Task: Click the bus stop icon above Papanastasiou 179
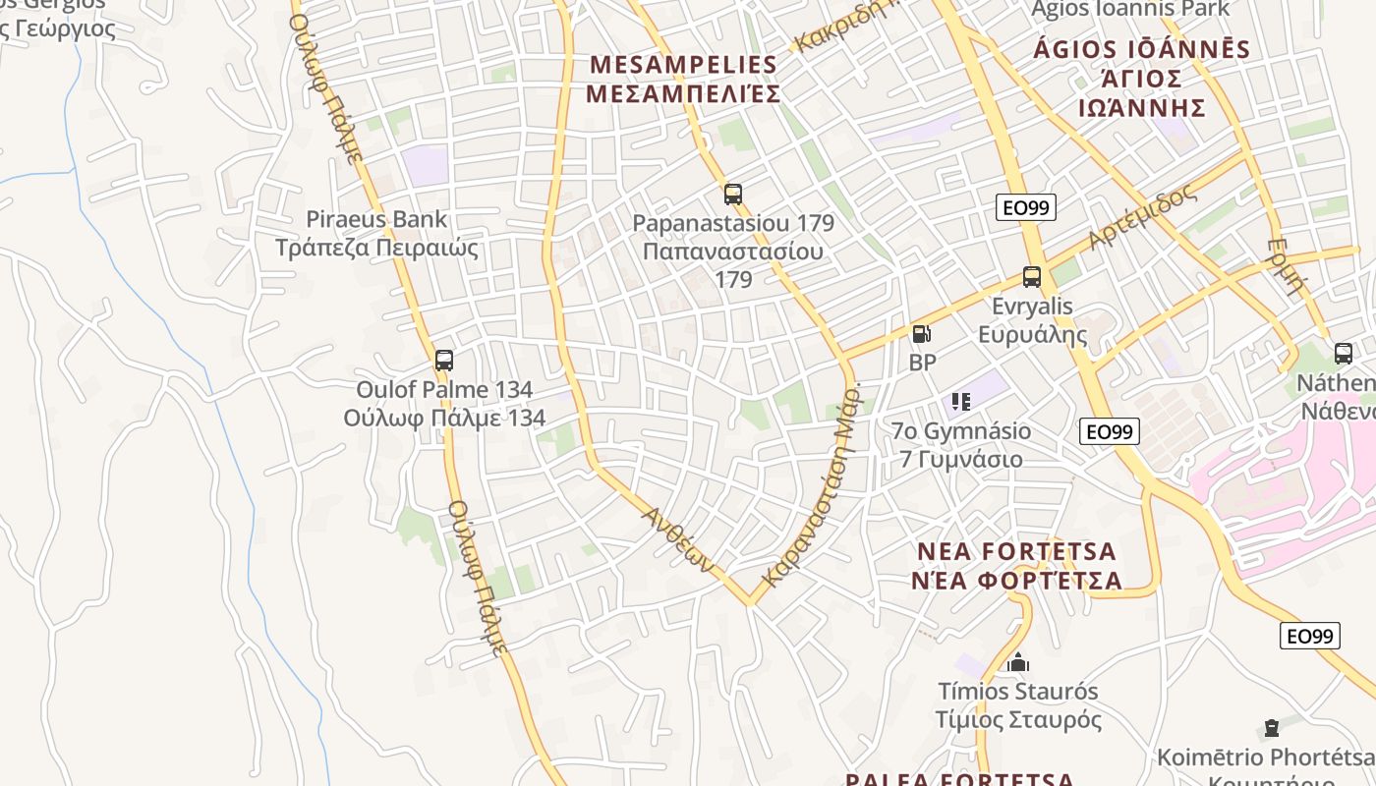[x=732, y=194]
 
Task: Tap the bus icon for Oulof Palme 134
[x=444, y=361]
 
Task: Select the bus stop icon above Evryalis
[x=1031, y=277]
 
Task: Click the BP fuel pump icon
[x=921, y=334]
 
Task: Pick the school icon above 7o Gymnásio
[x=961, y=401]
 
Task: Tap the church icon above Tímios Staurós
[x=1018, y=662]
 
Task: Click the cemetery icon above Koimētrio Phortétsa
[x=1272, y=728]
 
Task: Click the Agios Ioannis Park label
[x=1130, y=9]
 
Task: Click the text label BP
[x=922, y=363]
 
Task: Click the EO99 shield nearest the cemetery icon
[x=1310, y=636]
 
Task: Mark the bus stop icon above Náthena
[x=1343, y=354]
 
